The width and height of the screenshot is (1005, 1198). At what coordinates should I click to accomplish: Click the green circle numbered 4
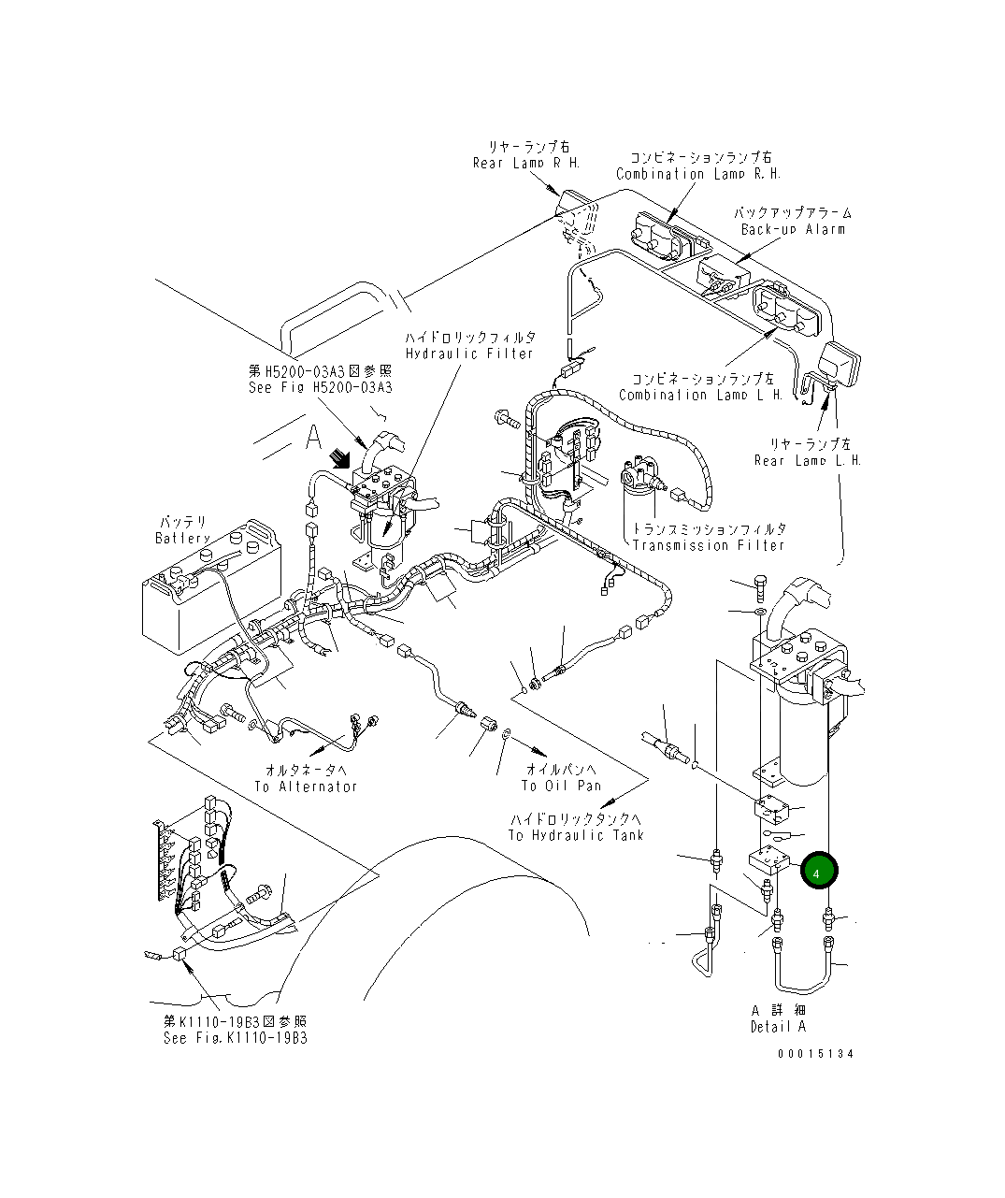(x=818, y=871)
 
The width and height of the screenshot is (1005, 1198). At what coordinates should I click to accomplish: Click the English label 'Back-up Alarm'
(x=793, y=229)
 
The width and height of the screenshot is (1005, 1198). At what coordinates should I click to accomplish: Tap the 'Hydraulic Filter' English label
(x=469, y=354)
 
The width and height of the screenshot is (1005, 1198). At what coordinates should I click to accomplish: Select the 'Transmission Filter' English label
(x=709, y=545)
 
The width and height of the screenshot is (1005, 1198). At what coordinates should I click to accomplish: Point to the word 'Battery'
(x=183, y=538)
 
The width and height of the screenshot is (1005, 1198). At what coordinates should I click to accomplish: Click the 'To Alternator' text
(x=306, y=787)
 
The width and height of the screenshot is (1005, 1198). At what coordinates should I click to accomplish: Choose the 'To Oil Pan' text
(x=562, y=786)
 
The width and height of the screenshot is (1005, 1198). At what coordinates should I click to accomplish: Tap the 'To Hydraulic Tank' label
(x=576, y=835)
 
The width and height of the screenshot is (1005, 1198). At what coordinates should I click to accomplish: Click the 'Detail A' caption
(x=778, y=1026)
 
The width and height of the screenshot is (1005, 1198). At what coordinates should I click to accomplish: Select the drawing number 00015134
(x=815, y=1053)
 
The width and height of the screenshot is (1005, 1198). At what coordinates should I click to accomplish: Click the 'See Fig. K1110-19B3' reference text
(x=235, y=1038)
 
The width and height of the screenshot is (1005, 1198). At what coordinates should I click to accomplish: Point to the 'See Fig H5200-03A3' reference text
(x=321, y=387)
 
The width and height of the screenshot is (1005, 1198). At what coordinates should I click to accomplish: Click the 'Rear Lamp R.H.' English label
(x=526, y=163)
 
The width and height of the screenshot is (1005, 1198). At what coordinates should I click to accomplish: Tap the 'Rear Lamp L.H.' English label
(x=808, y=460)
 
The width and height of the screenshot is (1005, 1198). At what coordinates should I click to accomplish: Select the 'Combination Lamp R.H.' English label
(x=698, y=174)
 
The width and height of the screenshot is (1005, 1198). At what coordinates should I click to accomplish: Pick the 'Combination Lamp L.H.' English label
(x=701, y=395)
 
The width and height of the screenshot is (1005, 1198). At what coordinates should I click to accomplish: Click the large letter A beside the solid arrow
(x=312, y=437)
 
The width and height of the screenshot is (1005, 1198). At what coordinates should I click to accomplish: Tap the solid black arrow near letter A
(x=342, y=458)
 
